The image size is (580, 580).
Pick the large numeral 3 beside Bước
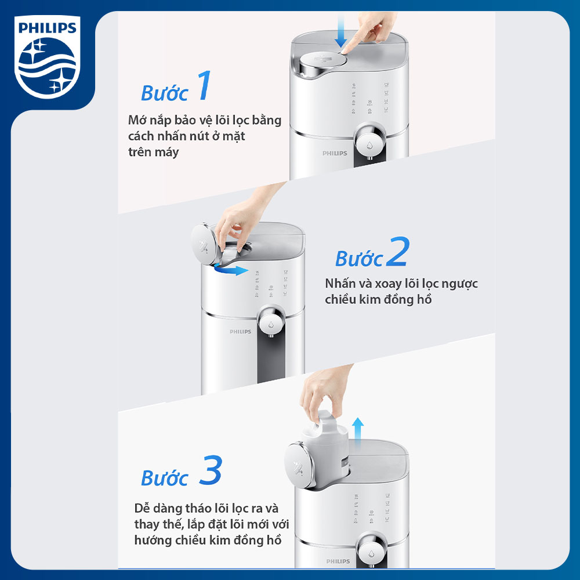point(211,470)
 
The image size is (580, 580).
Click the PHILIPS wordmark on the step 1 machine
point(335,153)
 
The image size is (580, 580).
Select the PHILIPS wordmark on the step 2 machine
point(241,331)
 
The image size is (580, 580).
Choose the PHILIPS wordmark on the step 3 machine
point(338,561)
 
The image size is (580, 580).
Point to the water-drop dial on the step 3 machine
point(371,550)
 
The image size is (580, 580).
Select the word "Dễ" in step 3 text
point(142,508)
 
